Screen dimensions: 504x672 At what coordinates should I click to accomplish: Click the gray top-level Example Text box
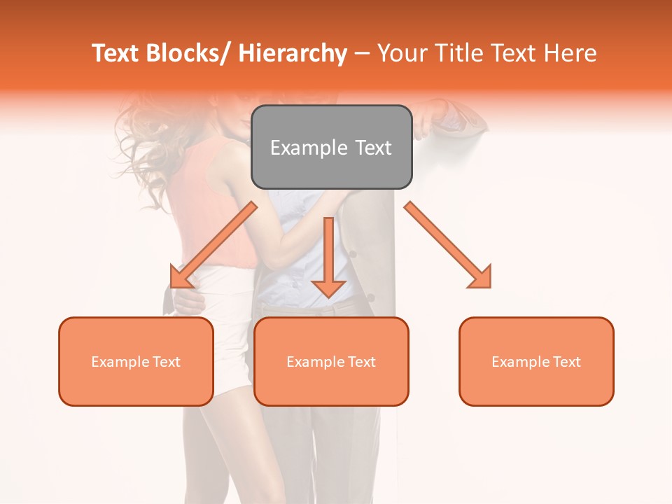(331, 147)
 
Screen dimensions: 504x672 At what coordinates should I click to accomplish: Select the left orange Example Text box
(136, 361)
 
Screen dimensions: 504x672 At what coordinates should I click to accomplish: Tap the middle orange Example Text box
(331, 361)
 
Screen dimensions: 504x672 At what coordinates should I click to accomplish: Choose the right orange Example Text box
(536, 361)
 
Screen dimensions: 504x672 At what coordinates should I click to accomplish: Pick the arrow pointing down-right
(448, 245)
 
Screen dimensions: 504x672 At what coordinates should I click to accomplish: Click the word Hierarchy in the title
(292, 54)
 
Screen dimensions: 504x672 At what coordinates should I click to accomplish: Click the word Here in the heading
(571, 54)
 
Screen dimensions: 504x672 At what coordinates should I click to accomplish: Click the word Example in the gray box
(309, 148)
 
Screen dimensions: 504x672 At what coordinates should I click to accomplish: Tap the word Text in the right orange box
(566, 361)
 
